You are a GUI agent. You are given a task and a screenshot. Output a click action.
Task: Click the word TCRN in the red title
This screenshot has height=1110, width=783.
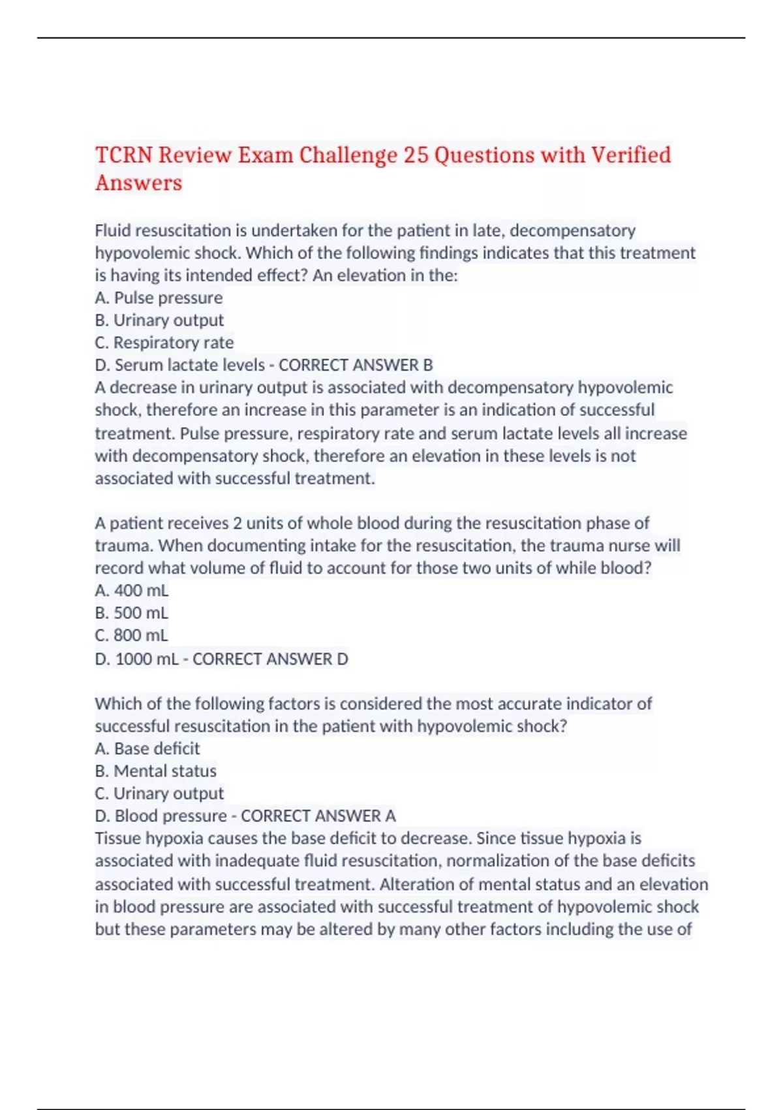(124, 155)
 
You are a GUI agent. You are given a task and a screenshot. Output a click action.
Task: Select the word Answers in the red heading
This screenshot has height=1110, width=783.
(138, 183)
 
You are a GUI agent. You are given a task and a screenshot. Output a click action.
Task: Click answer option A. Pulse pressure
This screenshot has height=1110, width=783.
(159, 298)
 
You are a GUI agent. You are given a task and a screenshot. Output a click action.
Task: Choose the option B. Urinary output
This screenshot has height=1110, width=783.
(159, 320)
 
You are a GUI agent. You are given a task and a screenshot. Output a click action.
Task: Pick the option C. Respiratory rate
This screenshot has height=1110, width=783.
(164, 342)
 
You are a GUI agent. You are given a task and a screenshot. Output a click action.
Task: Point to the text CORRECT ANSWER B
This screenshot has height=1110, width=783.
(356, 365)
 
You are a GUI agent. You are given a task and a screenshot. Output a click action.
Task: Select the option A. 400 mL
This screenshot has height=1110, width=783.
(131, 590)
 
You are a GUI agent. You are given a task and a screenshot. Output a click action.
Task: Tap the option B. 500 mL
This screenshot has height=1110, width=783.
(131, 612)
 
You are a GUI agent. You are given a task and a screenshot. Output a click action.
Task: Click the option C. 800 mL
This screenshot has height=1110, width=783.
(131, 635)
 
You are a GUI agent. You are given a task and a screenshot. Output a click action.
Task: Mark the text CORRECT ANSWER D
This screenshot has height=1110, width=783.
(270, 659)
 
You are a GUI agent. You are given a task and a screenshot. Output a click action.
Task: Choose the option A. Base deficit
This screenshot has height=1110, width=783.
(147, 748)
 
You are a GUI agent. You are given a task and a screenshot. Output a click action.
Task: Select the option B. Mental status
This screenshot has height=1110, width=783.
(155, 770)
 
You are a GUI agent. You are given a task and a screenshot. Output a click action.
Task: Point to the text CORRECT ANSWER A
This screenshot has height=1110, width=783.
(318, 816)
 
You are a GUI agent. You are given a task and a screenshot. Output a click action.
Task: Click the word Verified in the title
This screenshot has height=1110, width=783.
(630, 155)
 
